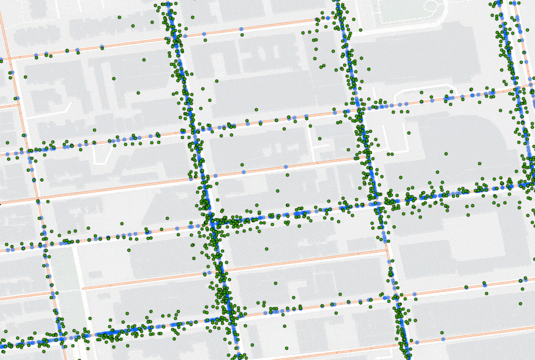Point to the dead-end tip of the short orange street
point(84,289)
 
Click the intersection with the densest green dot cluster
point(212,221)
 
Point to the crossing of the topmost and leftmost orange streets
point(6,58)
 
